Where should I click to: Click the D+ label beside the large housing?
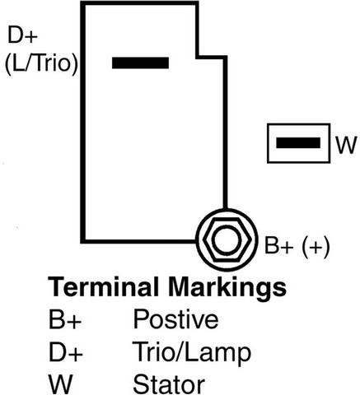pyautogui.click(x=22, y=35)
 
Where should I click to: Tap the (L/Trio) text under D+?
pyautogui.click(x=41, y=63)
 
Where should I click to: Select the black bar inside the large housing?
pyautogui.click(x=140, y=63)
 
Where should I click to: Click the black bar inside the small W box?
pyautogui.click(x=298, y=143)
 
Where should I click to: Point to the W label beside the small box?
pyautogui.click(x=347, y=145)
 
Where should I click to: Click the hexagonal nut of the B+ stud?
pyautogui.click(x=227, y=239)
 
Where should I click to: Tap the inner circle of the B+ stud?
pyautogui.click(x=227, y=239)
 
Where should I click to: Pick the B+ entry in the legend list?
pyautogui.click(x=65, y=319)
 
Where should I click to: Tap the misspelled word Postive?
pyautogui.click(x=175, y=319)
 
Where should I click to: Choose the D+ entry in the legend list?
pyautogui.click(x=65, y=352)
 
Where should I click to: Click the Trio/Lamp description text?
pyautogui.click(x=192, y=353)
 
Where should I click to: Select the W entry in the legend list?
pyautogui.click(x=60, y=384)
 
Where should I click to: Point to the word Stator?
pyautogui.click(x=169, y=383)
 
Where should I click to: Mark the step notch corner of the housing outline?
pyautogui.click(x=197, y=57)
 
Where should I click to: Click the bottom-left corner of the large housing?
pyautogui.click(x=83, y=241)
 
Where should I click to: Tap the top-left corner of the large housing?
pyautogui.click(x=83, y=3)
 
